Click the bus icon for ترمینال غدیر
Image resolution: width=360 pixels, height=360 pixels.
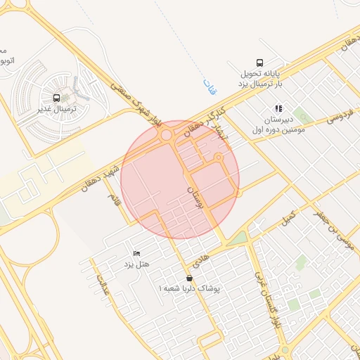point(56,98)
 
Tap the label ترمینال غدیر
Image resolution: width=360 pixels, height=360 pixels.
point(56,110)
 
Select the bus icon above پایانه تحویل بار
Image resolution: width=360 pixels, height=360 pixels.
point(260,62)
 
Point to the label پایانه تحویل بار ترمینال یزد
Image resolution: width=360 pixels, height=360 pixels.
point(258,78)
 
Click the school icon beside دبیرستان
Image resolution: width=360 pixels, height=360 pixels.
point(278,109)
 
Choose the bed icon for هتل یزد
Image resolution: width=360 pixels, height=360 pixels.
point(136,253)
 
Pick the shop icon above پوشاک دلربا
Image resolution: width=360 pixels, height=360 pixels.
point(189,278)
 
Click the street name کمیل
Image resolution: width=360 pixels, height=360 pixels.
point(288,219)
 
